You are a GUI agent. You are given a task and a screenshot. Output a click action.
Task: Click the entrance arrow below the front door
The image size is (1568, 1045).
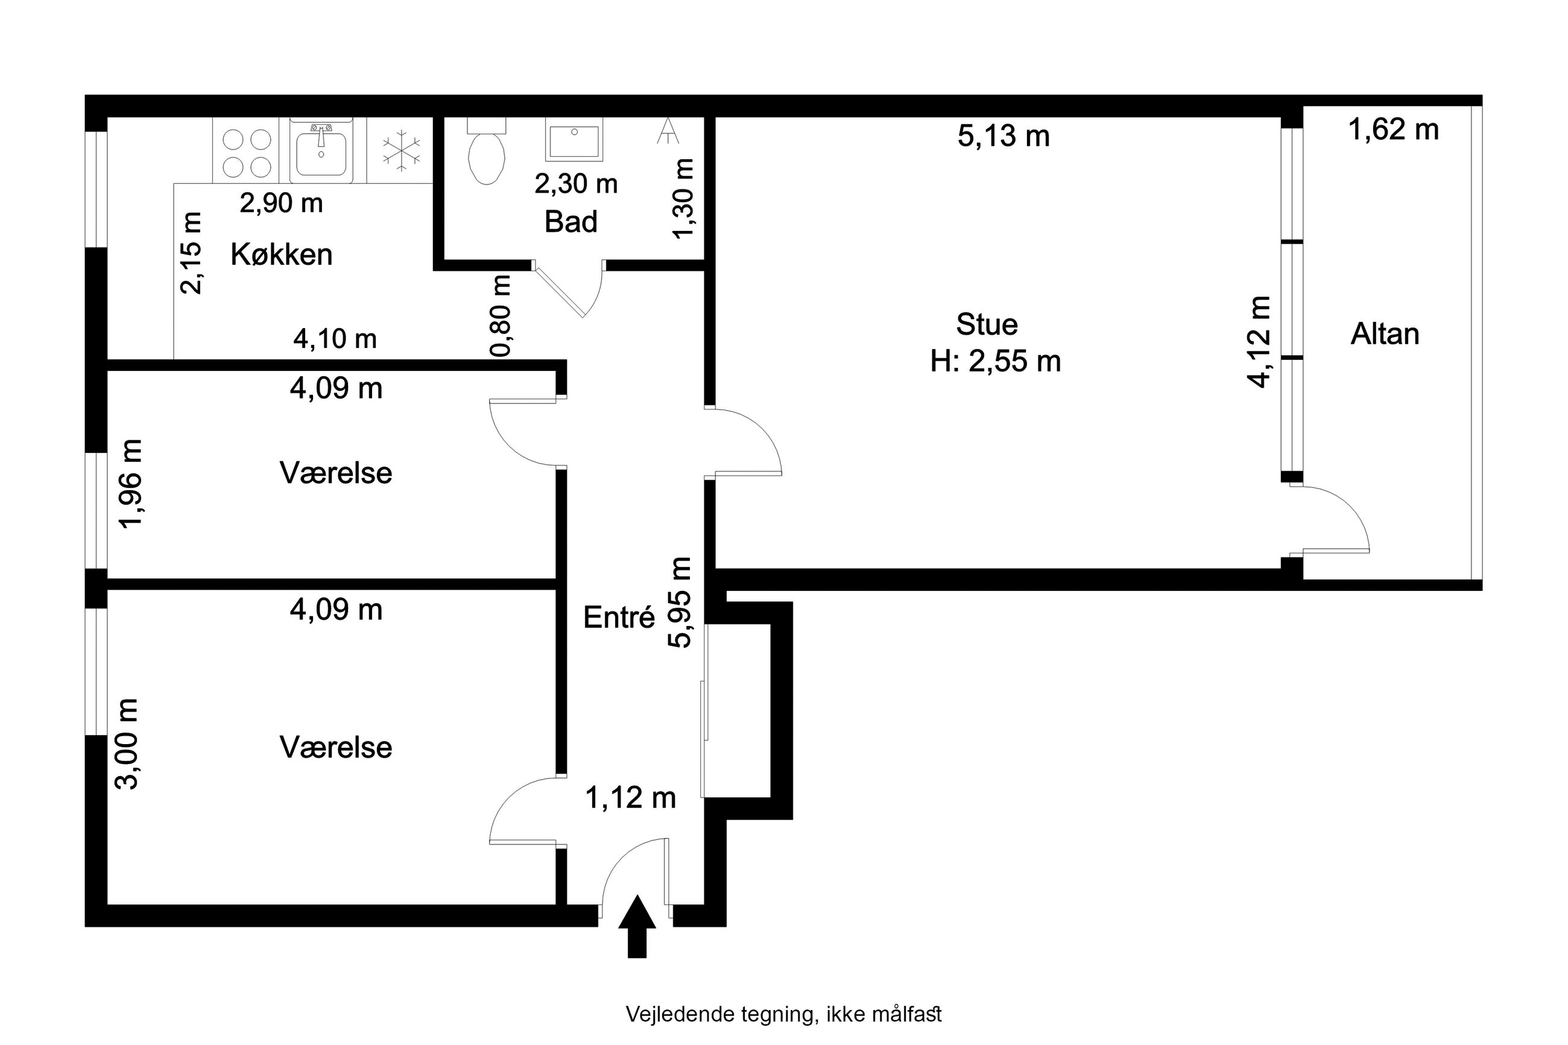click(636, 926)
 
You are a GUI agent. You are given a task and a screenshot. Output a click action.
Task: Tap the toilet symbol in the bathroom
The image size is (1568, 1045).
click(487, 151)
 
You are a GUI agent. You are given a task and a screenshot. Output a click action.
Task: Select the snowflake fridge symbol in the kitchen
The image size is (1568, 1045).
click(401, 150)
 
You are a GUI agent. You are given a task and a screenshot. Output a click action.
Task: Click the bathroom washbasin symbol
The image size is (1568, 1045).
click(574, 139)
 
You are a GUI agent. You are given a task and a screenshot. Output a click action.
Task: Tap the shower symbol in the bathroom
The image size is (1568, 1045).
click(667, 131)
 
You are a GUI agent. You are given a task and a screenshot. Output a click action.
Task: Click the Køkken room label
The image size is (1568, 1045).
click(281, 254)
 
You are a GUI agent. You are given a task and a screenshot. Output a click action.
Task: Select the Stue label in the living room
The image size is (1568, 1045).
click(987, 324)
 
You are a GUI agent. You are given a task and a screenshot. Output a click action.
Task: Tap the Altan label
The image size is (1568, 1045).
click(1385, 334)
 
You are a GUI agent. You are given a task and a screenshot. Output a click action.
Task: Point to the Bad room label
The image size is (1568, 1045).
click(571, 221)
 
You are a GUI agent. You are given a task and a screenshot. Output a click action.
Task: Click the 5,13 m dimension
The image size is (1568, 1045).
click(1004, 136)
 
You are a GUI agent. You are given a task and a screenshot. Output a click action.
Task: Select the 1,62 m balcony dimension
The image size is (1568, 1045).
click(1393, 129)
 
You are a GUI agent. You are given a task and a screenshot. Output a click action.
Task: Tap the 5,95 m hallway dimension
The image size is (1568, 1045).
click(680, 602)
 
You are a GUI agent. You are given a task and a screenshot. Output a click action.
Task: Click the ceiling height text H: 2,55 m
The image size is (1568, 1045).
click(996, 361)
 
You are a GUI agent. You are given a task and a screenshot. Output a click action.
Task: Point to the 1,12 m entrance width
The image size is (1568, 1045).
click(630, 798)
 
